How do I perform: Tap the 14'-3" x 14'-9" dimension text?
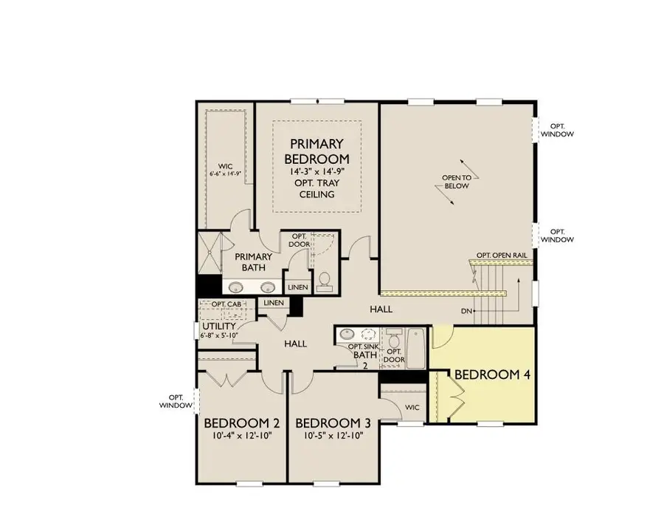pos(317,171)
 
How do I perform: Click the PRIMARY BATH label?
pos(254,262)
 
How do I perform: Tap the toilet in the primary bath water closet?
pos(324,281)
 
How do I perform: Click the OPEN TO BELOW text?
pos(457,182)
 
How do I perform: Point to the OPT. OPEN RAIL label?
pos(501,255)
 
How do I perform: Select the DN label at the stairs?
pos(466,311)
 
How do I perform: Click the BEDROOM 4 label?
pos(492,374)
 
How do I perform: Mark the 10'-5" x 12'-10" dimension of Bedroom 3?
pos(333,435)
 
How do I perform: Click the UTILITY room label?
pos(218,326)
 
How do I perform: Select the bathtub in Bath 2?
pos(416,349)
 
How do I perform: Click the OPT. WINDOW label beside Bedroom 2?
pos(176,401)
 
